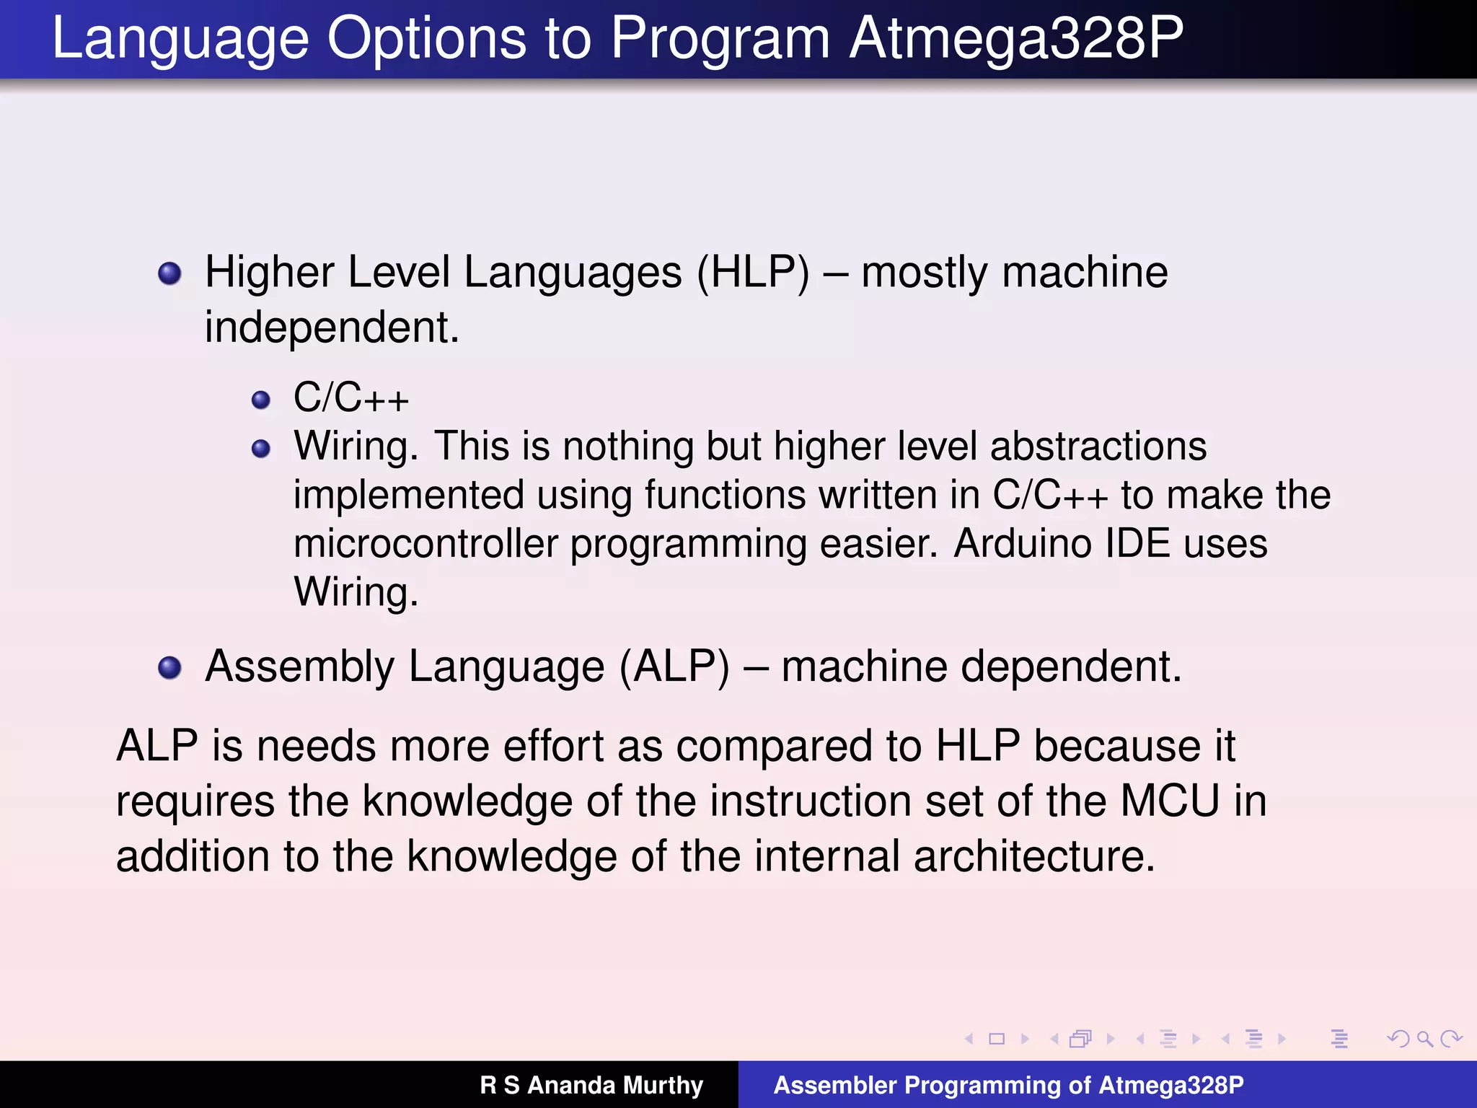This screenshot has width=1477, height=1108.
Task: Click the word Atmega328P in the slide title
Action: pos(1016,40)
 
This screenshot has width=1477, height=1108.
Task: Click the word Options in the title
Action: pos(426,40)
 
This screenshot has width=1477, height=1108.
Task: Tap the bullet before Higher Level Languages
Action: pos(169,273)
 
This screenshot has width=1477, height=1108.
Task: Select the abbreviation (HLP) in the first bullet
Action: pos(753,273)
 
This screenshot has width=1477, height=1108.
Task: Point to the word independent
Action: pos(331,328)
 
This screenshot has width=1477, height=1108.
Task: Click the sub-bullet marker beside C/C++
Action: pos(261,400)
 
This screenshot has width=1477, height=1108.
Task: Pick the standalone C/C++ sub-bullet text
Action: pos(351,398)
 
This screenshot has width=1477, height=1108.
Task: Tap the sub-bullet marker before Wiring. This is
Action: pos(261,449)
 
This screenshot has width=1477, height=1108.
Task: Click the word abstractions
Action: pos(1098,447)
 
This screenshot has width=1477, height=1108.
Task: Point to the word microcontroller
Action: pos(426,544)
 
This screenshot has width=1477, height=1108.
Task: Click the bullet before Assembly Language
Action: pos(169,668)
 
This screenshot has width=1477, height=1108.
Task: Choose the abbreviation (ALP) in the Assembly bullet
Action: pos(674,667)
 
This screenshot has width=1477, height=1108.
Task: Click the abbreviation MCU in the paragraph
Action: pos(1170,801)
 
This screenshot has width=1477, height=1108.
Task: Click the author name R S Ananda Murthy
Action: pos(591,1085)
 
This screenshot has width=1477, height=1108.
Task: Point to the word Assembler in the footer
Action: pos(834,1085)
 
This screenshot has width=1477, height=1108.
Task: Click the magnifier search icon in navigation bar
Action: pos(1424,1039)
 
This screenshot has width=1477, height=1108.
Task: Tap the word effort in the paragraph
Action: pos(553,746)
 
